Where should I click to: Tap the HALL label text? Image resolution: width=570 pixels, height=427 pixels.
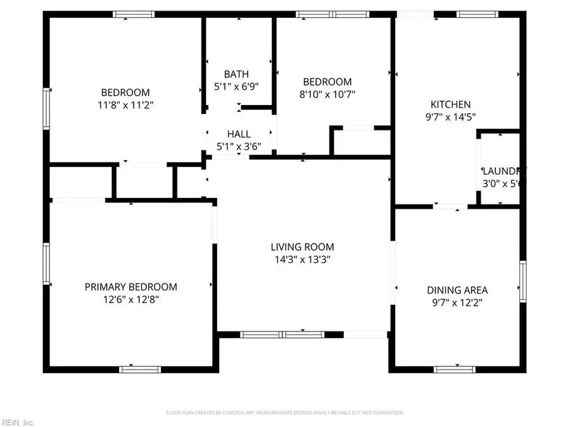[239, 134]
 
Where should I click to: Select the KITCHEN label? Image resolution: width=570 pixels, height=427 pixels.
[450, 104]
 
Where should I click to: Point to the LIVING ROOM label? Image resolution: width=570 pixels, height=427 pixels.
[302, 247]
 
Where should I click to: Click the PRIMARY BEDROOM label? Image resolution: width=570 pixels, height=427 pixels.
[131, 287]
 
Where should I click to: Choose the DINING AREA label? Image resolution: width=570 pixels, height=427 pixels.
[457, 290]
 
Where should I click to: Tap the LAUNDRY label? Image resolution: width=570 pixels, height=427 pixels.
[503, 171]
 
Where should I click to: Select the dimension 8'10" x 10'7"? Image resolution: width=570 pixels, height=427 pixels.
[327, 94]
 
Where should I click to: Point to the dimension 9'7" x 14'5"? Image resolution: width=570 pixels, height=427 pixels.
[450, 116]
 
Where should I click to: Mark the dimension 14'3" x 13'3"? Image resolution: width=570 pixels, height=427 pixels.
[302, 259]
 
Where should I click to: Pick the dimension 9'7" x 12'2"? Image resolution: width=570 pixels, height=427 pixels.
[457, 302]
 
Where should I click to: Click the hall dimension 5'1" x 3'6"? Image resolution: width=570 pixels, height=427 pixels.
[239, 146]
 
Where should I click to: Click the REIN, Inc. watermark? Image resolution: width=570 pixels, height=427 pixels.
[18, 422]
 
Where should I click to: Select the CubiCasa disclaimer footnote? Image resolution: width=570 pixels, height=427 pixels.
[285, 412]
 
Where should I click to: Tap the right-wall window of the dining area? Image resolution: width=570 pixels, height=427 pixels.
[523, 280]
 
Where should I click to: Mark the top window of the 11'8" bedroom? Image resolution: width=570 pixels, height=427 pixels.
[134, 14]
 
